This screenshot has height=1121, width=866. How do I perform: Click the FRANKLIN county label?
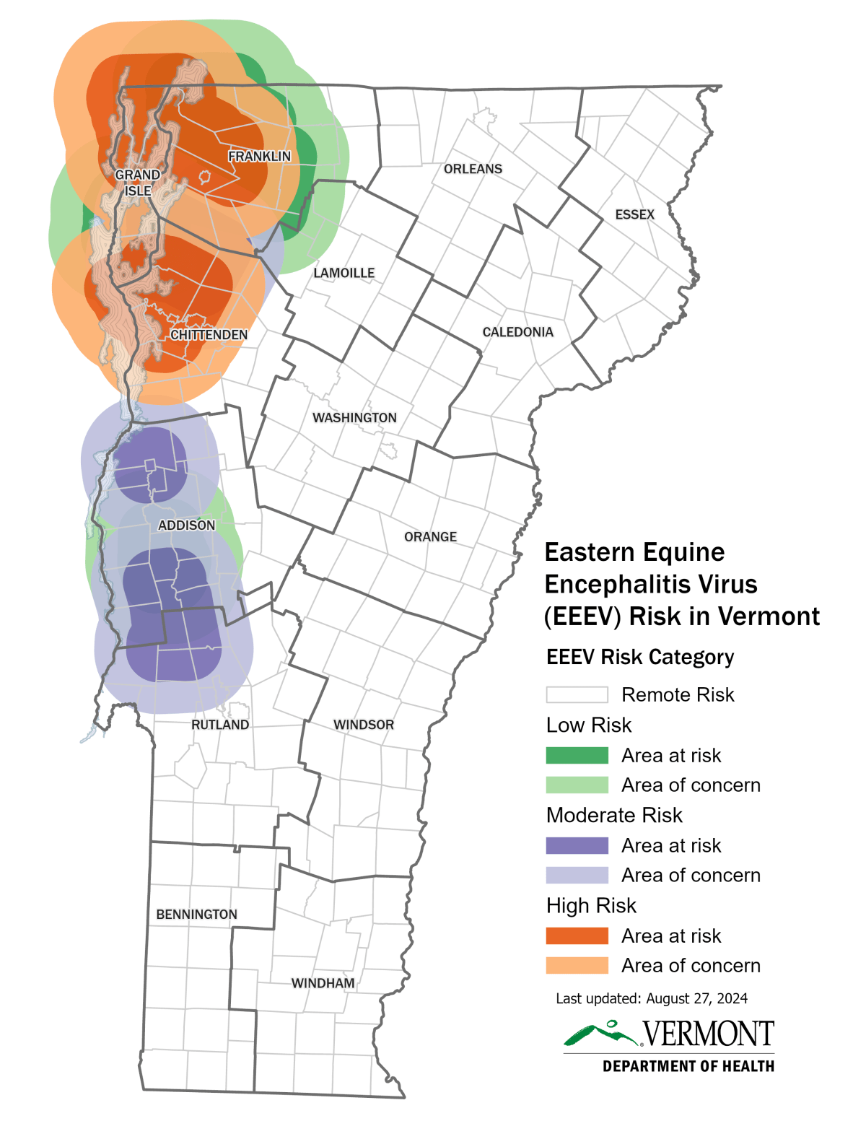[259, 156]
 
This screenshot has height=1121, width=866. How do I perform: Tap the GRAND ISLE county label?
[138, 183]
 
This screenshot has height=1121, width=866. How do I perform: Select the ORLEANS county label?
[473, 169]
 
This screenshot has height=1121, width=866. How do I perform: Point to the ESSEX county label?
[634, 214]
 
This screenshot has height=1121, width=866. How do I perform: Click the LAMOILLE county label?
[344, 273]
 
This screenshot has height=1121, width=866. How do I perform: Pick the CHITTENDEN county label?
[209, 335]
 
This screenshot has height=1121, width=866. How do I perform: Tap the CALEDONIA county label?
[517, 332]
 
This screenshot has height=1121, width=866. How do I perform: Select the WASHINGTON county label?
[354, 418]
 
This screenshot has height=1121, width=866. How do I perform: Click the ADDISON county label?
[186, 525]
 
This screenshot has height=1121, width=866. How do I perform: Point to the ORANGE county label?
[430, 537]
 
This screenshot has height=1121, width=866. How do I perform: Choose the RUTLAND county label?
[220, 725]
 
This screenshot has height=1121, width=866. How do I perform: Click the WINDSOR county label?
[364, 725]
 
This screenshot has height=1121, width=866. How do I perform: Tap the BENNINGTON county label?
[196, 915]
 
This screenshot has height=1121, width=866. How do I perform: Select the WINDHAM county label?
[323, 983]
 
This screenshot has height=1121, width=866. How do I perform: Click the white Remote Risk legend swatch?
[577, 694]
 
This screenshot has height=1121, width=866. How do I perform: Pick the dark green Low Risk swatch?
[577, 755]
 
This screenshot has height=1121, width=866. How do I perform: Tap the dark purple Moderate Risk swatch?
[577, 845]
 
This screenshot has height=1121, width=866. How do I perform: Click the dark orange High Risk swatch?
[577, 935]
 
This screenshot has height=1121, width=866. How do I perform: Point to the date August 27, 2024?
[696, 998]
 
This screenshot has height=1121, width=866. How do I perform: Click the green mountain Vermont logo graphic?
[601, 1034]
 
